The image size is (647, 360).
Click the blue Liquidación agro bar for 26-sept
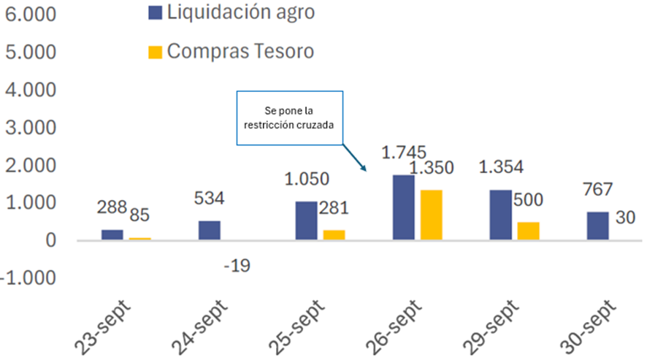[403, 207]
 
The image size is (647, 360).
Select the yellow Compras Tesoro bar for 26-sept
[431, 215]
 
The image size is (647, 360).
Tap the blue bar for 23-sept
[112, 234]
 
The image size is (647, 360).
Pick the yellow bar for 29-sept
[528, 231]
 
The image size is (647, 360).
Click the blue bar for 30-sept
[597, 226]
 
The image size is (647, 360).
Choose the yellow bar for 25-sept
[334, 235]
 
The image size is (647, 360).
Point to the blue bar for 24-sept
[210, 230]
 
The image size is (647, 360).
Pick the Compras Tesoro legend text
[240, 51]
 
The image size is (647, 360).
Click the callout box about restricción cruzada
[289, 117]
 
